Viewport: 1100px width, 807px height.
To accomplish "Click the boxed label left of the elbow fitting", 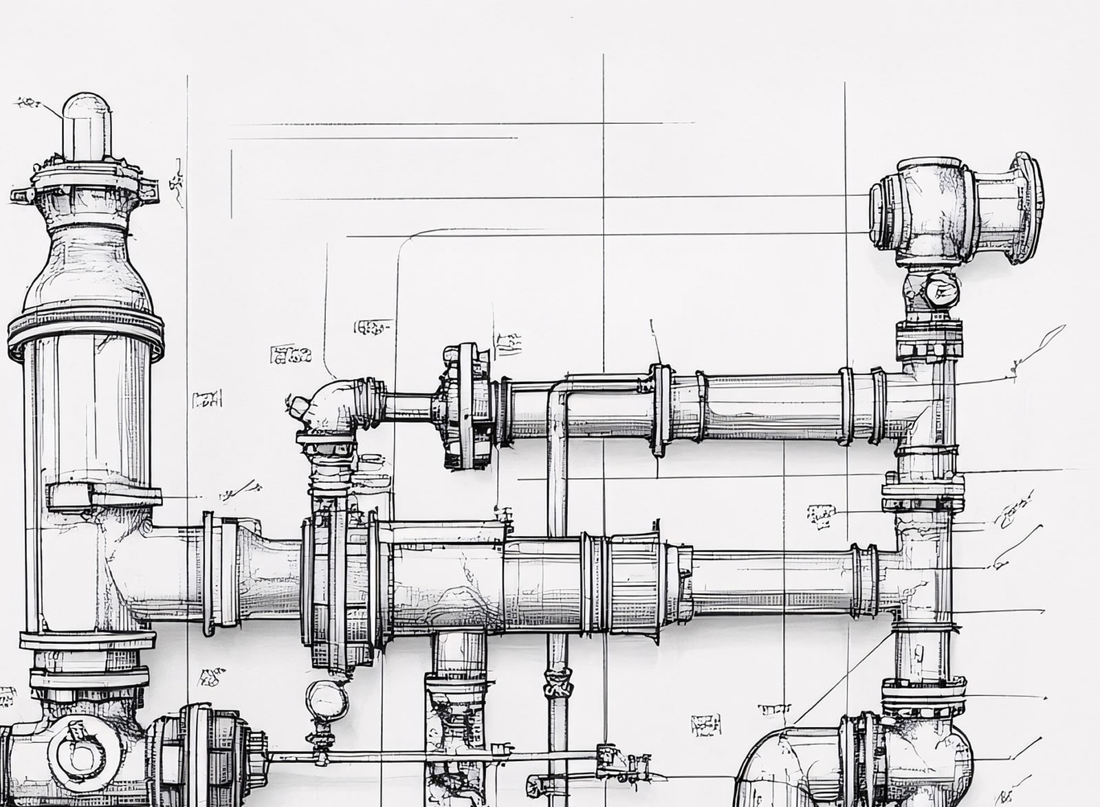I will point(290,355).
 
